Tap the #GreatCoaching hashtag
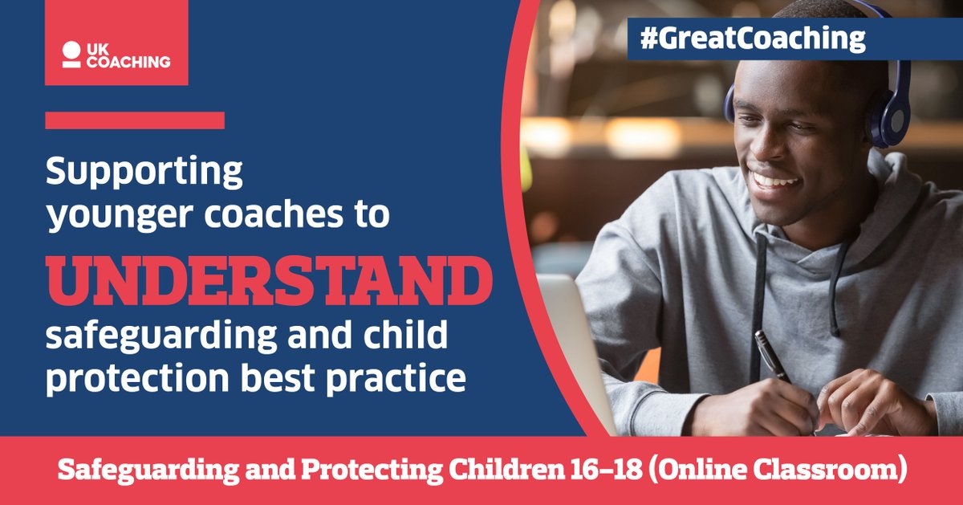(x=753, y=39)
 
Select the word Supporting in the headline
(x=144, y=173)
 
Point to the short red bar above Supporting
(x=135, y=120)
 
